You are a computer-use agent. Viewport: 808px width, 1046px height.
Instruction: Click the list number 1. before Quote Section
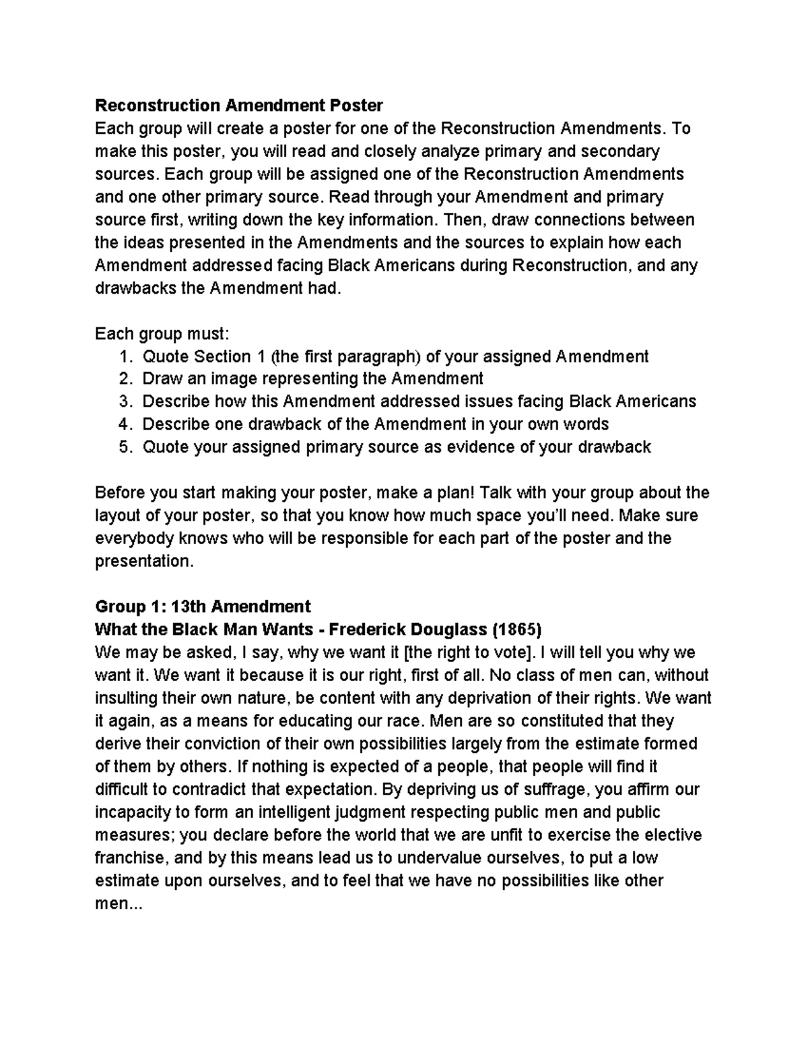point(125,356)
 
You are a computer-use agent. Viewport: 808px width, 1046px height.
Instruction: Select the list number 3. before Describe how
point(125,402)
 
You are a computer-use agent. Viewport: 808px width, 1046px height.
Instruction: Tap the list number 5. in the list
point(125,448)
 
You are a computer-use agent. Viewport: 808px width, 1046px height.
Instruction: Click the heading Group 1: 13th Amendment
point(203,607)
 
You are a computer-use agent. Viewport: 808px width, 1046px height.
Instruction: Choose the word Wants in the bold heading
point(286,630)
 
